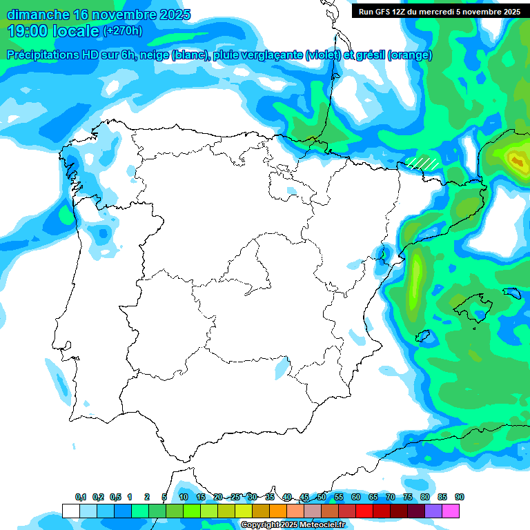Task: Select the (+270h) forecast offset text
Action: pos(122,30)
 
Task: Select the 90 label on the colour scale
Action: pos(460,497)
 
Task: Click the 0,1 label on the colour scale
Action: pos(81,497)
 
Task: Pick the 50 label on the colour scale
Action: pos(322,497)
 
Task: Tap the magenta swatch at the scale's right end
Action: pos(451,511)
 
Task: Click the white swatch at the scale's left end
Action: pos(70,511)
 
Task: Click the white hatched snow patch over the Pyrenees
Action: pos(422,163)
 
